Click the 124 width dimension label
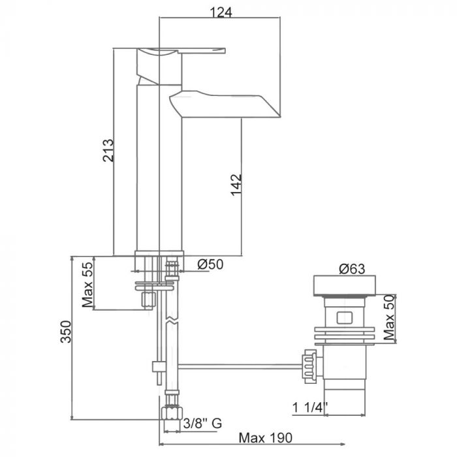point(221,12)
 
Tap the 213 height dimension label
point(108,150)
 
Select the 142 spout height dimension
point(236,185)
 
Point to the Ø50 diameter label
point(210,264)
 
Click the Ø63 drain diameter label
point(352,269)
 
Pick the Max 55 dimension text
point(87,285)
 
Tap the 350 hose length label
point(66,332)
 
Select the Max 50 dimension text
point(389,317)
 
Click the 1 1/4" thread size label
point(310,407)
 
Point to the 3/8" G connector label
point(202,423)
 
